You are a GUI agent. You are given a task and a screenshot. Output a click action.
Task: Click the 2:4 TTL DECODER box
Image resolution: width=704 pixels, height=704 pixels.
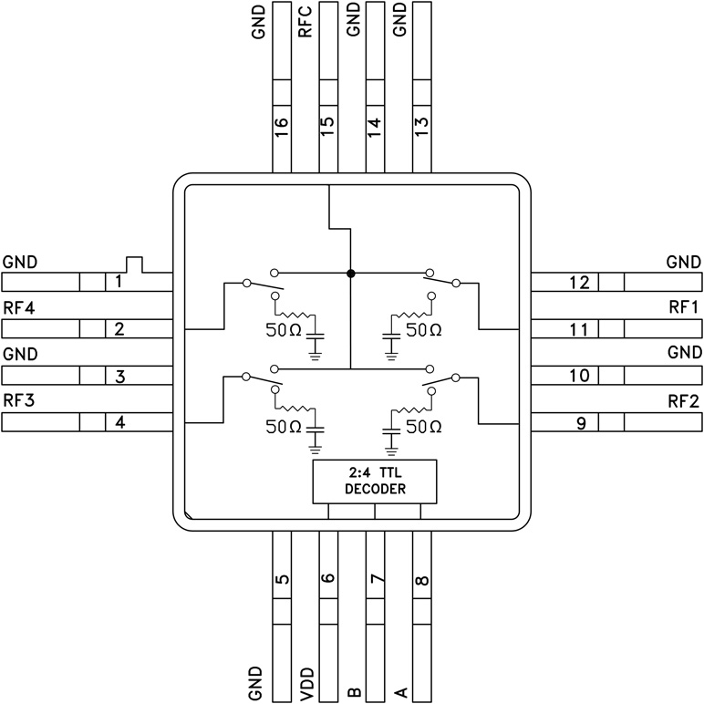pyautogui.click(x=375, y=481)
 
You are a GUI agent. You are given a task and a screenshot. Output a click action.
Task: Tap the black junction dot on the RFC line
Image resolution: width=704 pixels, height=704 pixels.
pyautogui.click(x=350, y=273)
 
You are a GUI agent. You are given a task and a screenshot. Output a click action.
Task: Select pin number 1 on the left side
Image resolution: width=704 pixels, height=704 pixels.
pyautogui.click(x=119, y=282)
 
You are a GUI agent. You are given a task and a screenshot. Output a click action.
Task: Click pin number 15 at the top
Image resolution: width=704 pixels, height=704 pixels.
pyautogui.click(x=327, y=122)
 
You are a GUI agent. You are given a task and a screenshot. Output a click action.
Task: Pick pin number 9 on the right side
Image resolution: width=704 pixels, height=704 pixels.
pyautogui.click(x=579, y=422)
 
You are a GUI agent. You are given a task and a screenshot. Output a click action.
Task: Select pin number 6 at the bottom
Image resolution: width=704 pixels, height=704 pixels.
pyautogui.click(x=327, y=578)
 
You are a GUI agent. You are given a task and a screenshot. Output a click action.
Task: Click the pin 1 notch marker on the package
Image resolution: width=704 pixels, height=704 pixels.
pyautogui.click(x=135, y=264)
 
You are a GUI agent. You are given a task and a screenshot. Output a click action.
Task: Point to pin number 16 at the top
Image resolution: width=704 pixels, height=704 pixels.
pyautogui.click(x=281, y=122)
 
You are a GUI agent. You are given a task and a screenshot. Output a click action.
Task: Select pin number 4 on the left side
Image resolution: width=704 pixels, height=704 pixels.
pyautogui.click(x=119, y=422)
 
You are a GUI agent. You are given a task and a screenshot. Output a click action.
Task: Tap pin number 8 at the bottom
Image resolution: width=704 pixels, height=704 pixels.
pyautogui.click(x=422, y=578)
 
